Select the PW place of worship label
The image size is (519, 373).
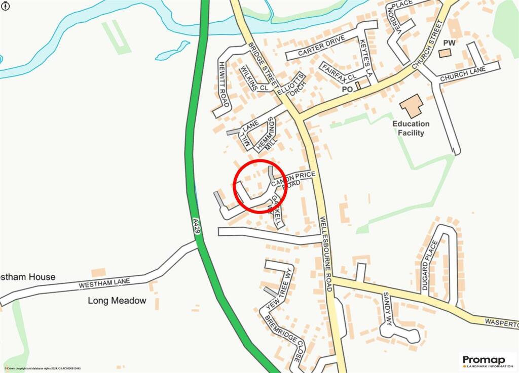pos(450,43)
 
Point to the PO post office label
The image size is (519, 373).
pos(347,89)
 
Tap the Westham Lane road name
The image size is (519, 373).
pos(104,283)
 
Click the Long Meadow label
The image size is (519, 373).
pos(117,301)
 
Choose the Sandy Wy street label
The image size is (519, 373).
pos(388,308)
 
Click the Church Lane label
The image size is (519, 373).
pos(463,74)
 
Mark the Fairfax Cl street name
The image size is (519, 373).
pos(339,72)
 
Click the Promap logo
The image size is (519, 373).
pos(487,361)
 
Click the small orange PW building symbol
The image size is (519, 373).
pos(444,53)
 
